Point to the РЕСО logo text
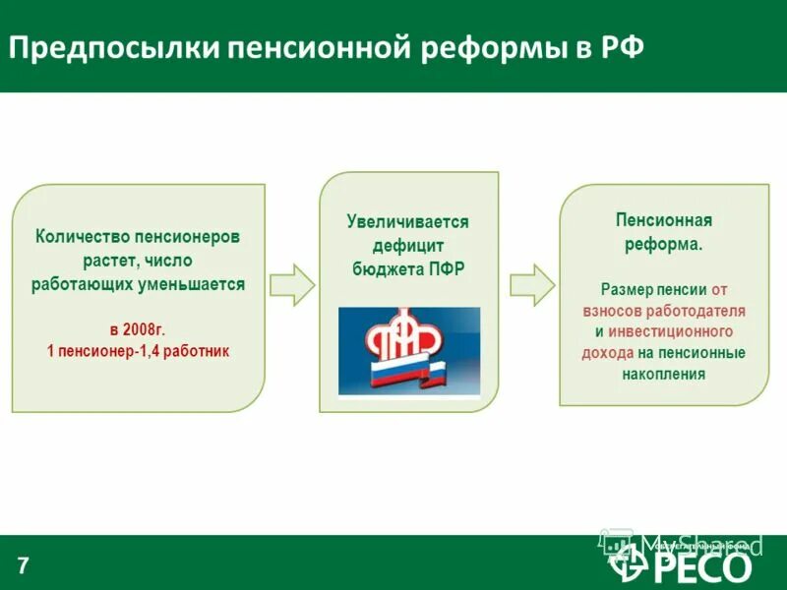[x=702, y=566]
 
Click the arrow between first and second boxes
[x=292, y=284]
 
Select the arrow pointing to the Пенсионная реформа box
[x=531, y=284]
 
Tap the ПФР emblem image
[x=408, y=351]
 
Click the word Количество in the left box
[x=83, y=237]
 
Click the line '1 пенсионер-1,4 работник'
[x=138, y=351]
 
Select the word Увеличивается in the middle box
[x=407, y=222]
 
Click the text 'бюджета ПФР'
[x=407, y=268]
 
